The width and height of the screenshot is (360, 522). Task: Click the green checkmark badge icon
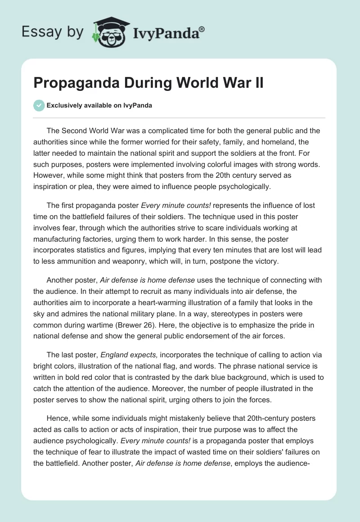click(39, 105)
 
